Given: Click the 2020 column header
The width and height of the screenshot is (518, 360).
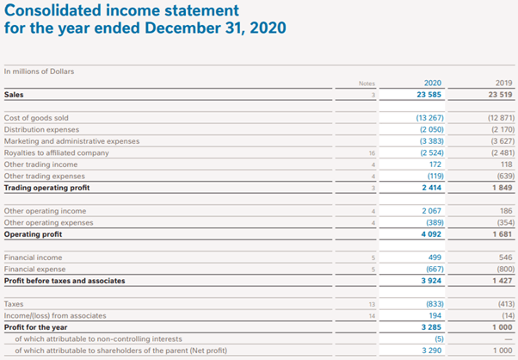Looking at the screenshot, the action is tap(433, 83).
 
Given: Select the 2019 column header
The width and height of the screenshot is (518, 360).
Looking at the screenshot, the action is tap(503, 83).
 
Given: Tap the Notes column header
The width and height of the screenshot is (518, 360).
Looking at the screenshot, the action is tap(367, 84).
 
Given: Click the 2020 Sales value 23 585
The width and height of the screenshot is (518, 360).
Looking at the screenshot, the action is tap(429, 95).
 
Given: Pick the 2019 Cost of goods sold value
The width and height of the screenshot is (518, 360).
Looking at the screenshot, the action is tap(501, 118).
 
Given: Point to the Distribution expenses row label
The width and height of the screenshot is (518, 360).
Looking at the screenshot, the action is tap(41, 129).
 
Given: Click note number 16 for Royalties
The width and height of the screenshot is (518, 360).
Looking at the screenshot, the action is tap(372, 153).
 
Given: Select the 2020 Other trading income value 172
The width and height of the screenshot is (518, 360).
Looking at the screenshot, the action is tap(435, 164).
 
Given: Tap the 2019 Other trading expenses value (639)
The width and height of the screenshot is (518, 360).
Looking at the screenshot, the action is tap(506, 177).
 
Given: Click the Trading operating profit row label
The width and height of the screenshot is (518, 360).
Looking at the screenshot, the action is tap(47, 188).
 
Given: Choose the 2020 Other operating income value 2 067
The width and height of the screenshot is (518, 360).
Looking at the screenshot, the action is tap(431, 211).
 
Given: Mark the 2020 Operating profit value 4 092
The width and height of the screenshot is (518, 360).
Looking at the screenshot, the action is tap(431, 234).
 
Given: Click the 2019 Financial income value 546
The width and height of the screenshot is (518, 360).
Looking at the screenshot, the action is tap(506, 258).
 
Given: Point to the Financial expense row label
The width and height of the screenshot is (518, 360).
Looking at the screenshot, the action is tap(34, 269).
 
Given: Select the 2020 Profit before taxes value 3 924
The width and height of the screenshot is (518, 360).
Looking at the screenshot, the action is tap(431, 281).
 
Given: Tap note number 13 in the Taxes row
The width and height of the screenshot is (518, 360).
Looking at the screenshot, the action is tap(372, 304).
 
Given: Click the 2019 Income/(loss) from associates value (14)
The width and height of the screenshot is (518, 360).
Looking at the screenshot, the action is tap(508, 316).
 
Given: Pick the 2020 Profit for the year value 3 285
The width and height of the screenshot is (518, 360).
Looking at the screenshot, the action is tap(431, 327).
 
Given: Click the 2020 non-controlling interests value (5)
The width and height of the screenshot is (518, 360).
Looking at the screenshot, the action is tap(439, 338).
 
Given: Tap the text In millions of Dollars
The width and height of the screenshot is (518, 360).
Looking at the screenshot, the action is tap(39, 71).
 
